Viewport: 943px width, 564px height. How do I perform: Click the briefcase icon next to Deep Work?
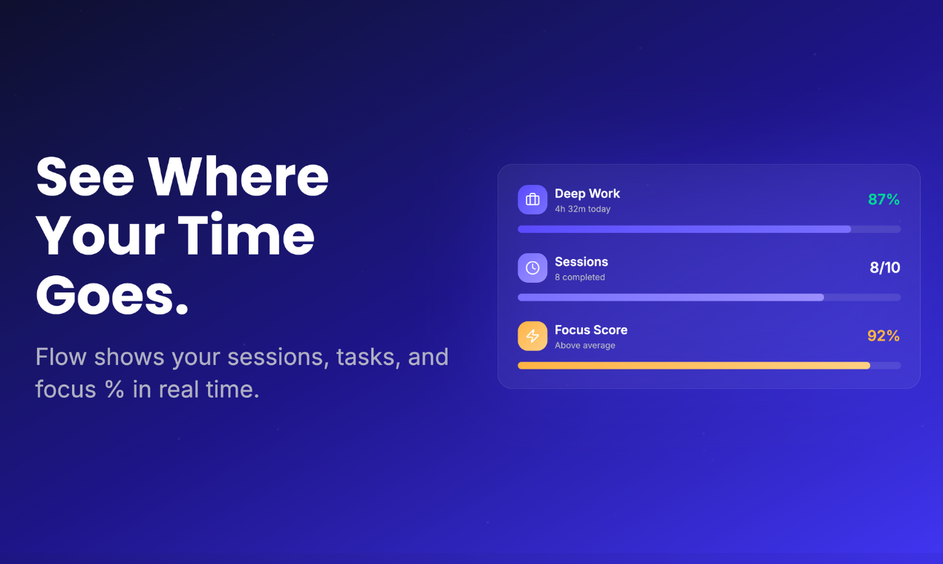(x=532, y=200)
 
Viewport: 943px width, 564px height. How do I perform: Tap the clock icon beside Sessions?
(x=532, y=268)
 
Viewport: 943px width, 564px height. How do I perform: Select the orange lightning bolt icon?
(x=532, y=336)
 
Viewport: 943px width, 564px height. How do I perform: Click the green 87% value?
(x=884, y=200)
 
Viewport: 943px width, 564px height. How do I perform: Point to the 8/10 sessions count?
(x=884, y=268)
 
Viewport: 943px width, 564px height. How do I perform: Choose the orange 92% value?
(x=884, y=336)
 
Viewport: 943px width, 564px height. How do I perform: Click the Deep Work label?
(x=587, y=194)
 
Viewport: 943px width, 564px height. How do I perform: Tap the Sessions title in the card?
(x=581, y=262)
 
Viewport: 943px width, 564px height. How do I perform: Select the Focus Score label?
(x=591, y=330)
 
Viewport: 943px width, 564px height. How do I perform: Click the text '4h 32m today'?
(x=583, y=209)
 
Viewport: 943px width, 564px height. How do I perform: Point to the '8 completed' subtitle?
(x=580, y=278)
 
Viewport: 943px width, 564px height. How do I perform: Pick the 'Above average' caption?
(x=585, y=346)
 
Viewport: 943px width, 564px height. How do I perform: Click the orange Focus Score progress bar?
(x=694, y=366)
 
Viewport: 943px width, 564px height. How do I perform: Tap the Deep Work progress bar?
(x=684, y=229)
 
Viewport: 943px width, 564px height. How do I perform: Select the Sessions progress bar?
(x=670, y=298)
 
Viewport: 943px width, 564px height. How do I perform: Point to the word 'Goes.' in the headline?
(x=112, y=295)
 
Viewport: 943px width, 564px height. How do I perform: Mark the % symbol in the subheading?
(x=114, y=390)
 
